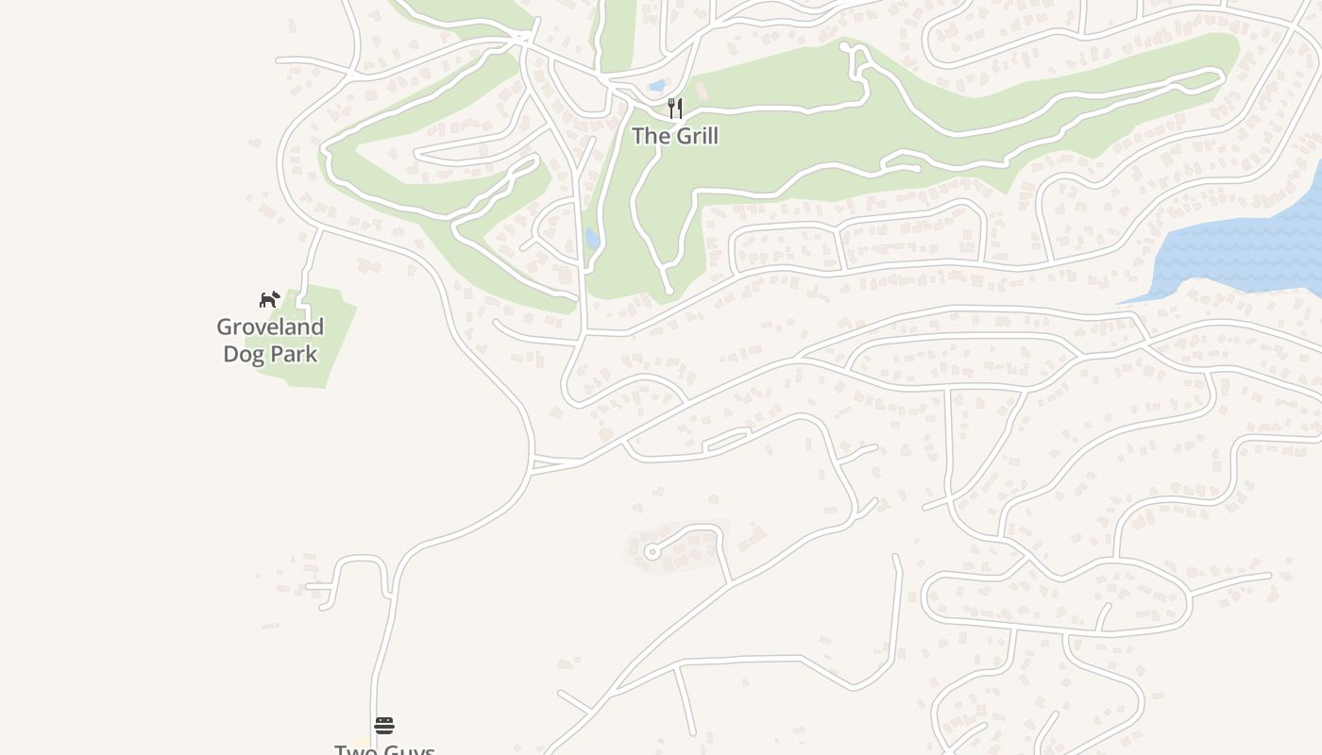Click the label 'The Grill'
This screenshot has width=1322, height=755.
pyautogui.click(x=674, y=136)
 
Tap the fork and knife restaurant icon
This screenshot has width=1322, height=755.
pyautogui.click(x=675, y=108)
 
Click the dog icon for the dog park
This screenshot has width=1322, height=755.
pyautogui.click(x=270, y=299)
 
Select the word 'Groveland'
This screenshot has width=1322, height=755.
pyautogui.click(x=270, y=327)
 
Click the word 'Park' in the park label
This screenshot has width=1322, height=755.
pyautogui.click(x=294, y=354)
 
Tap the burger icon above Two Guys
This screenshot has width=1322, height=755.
pyautogui.click(x=383, y=725)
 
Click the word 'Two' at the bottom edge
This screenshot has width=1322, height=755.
pyautogui.click(x=355, y=750)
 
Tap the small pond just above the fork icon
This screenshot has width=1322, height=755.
pyautogui.click(x=657, y=86)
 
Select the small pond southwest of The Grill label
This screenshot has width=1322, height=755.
pyautogui.click(x=592, y=238)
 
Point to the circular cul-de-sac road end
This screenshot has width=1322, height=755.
pyautogui.click(x=651, y=551)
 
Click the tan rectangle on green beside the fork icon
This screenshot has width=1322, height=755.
pyautogui.click(x=702, y=92)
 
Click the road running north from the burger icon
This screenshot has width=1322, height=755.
pyautogui.click(x=383, y=651)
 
